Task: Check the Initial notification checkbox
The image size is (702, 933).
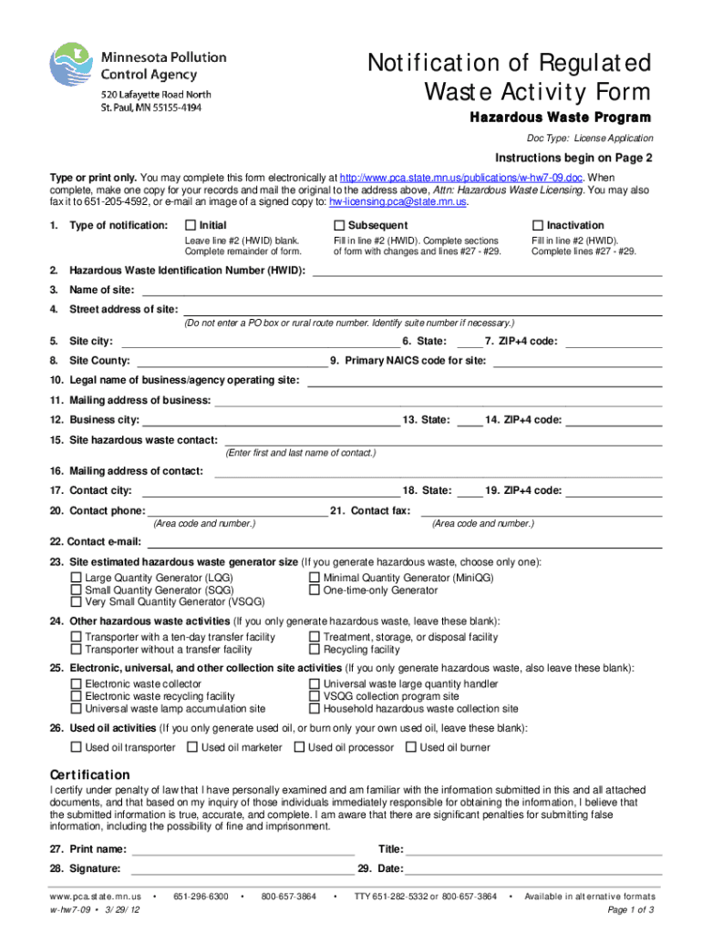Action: tap(190, 225)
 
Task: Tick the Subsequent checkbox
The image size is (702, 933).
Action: tap(338, 225)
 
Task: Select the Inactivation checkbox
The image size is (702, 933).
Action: tap(538, 225)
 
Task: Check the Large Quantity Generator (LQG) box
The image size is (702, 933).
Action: tap(77, 578)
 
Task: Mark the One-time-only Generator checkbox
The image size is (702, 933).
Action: tap(315, 590)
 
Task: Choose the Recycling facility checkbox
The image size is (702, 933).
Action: tap(315, 650)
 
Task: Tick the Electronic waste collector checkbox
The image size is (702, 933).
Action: tap(77, 683)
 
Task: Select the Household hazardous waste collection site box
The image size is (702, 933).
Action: tap(315, 708)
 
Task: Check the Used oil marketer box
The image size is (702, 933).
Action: tap(192, 747)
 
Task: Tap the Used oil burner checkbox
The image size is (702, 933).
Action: tap(412, 747)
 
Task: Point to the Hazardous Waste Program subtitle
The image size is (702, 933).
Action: tap(560, 118)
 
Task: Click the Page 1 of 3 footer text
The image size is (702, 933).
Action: tap(630, 910)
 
